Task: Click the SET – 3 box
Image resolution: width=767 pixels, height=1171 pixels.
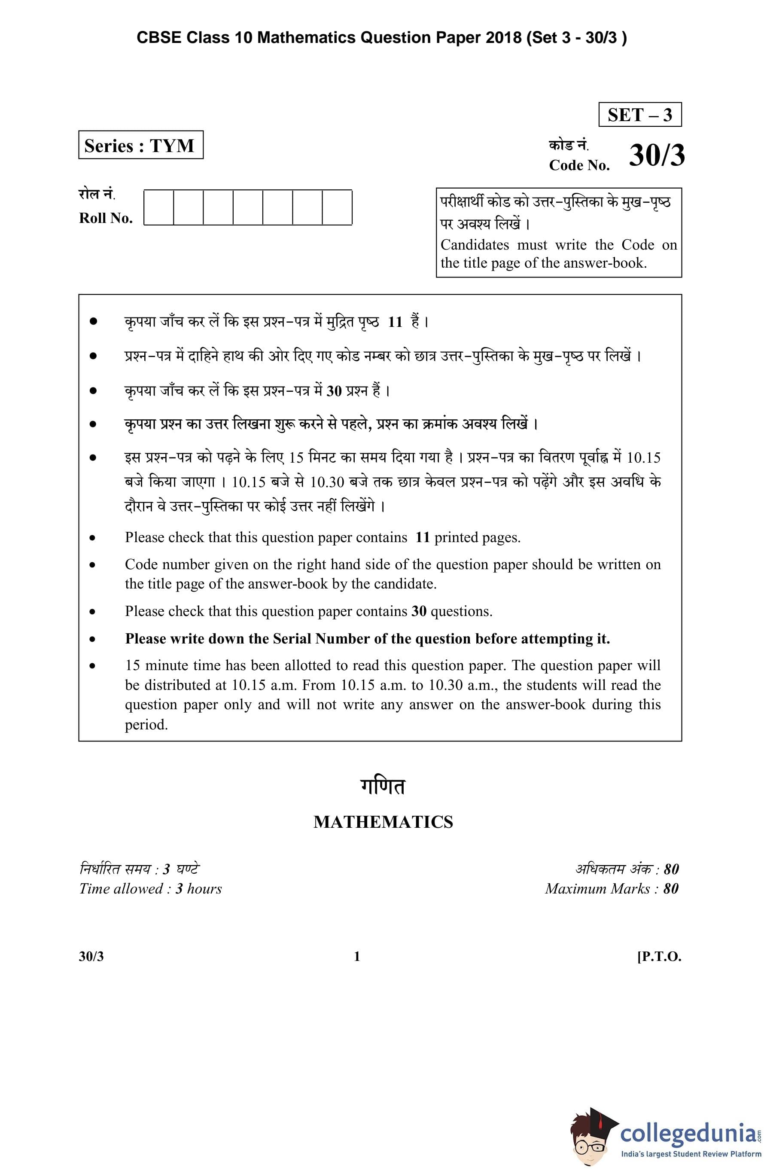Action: pos(639,115)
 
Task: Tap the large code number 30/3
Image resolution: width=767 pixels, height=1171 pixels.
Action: pos(656,156)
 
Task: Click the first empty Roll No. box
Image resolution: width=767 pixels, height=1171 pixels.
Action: pos(158,207)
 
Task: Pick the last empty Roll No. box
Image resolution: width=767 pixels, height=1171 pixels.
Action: pos(337,207)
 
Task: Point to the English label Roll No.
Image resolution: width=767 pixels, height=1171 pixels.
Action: pos(106,218)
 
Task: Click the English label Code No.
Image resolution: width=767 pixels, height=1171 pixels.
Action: pos(579,165)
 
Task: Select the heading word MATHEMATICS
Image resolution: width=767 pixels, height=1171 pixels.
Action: pos(383,822)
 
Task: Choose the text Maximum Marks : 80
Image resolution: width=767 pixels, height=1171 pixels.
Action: pos(612,889)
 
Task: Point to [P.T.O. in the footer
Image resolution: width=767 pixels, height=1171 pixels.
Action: pos(659,957)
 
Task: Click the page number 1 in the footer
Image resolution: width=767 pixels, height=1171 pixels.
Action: pos(357,957)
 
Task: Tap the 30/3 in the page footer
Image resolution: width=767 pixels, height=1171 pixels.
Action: pos(91,957)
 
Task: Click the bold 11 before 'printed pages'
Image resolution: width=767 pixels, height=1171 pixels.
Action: pos(423,537)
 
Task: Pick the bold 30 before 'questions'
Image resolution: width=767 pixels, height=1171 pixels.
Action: pos(419,612)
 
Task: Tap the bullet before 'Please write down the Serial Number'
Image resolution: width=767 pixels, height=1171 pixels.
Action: pos(92,639)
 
